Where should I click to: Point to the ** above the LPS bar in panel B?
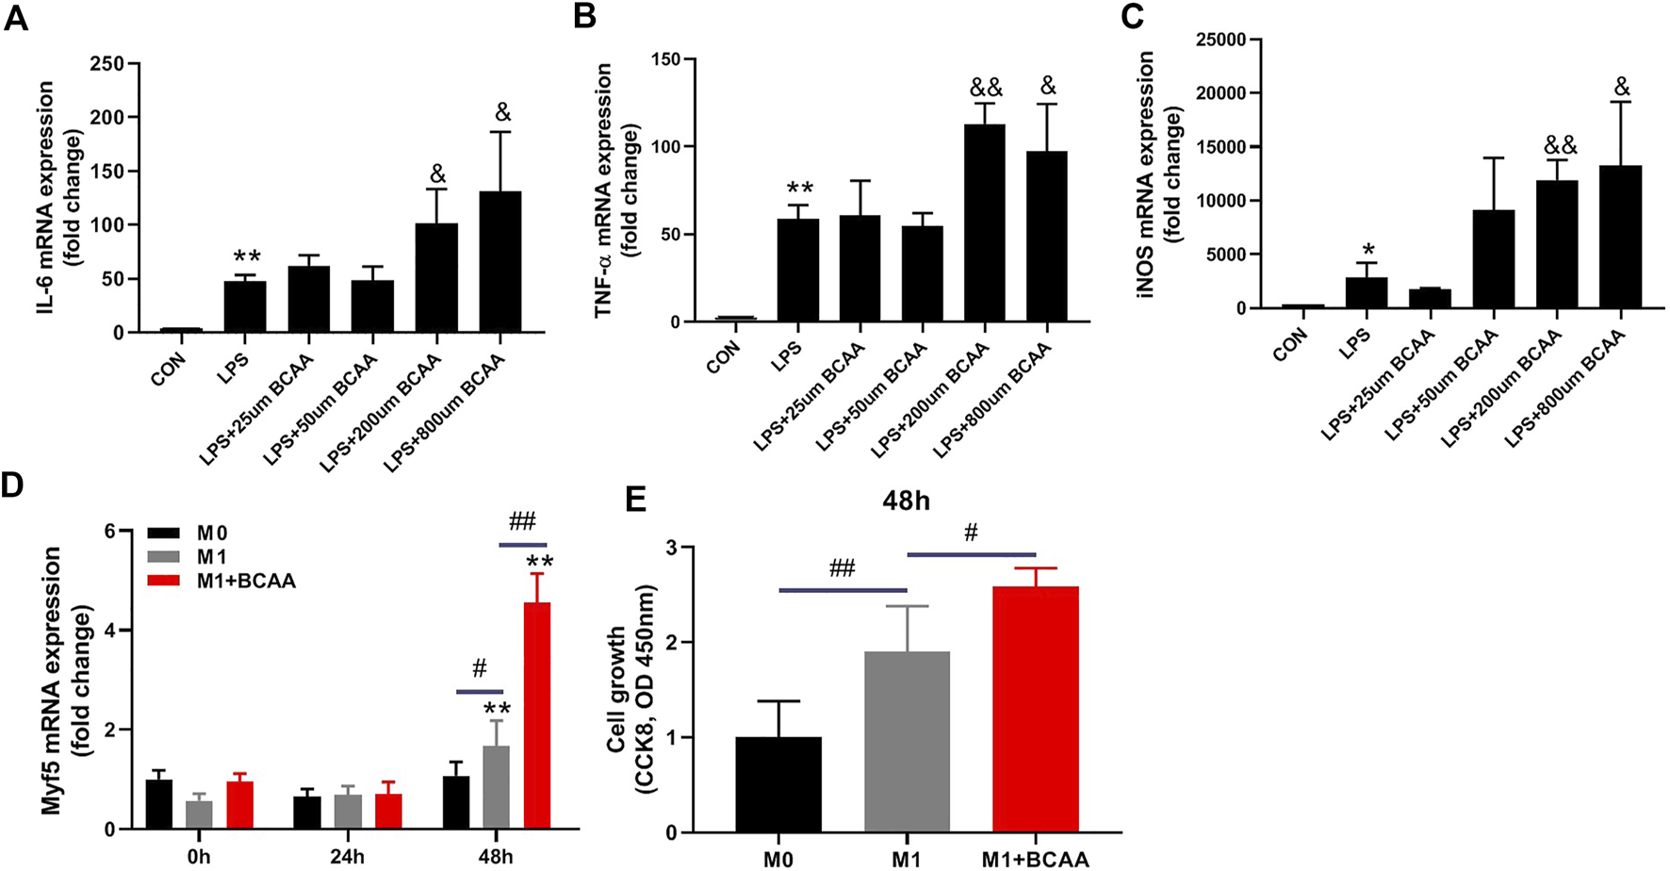[800, 188]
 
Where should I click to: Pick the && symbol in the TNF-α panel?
[986, 89]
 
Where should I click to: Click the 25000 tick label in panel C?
[1220, 40]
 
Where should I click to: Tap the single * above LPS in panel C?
[1366, 249]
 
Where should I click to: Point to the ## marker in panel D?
[521, 522]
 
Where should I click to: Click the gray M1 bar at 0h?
[199, 815]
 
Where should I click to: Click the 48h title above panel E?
[906, 501]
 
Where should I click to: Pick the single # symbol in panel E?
[971, 534]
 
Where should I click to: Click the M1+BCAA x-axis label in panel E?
[1035, 859]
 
